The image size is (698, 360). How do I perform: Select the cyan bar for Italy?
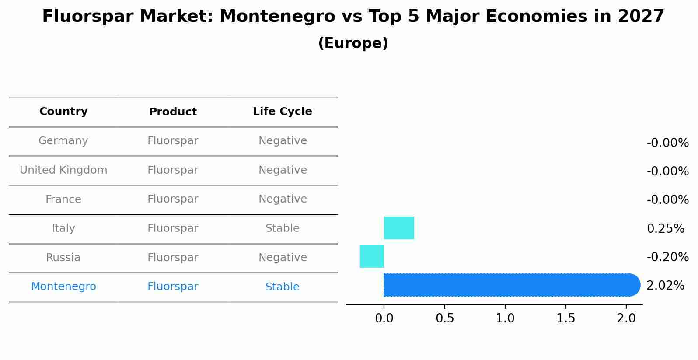click(399, 228)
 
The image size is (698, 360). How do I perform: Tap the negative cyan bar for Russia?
click(372, 256)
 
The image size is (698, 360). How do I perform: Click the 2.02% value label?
click(665, 286)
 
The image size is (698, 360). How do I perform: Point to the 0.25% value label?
click(665, 228)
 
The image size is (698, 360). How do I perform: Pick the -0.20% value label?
click(667, 257)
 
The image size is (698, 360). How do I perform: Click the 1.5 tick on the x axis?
click(566, 318)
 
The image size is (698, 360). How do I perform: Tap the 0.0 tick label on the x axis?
click(384, 318)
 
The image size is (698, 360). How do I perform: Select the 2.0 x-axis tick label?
click(626, 318)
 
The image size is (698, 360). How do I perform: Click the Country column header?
click(63, 112)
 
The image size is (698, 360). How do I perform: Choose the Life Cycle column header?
click(283, 112)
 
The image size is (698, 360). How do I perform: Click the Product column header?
click(173, 112)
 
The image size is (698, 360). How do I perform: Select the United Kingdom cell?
click(63, 170)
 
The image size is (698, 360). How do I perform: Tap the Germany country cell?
click(63, 141)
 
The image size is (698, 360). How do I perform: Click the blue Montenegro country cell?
click(63, 287)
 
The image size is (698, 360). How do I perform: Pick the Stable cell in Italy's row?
click(283, 228)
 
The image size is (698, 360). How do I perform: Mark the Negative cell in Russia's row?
click(283, 258)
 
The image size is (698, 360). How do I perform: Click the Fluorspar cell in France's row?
click(173, 199)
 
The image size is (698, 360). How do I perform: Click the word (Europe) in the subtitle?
click(353, 43)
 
